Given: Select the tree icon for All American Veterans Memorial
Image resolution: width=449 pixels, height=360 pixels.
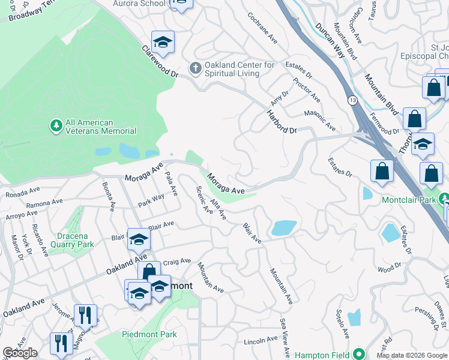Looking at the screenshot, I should coord(56,125).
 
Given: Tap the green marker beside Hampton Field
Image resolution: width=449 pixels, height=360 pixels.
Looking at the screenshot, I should coord(359,354).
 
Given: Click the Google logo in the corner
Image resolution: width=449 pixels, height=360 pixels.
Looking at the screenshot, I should coord(20,353).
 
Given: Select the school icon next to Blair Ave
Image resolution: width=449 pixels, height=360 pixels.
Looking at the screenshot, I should coord(139,239).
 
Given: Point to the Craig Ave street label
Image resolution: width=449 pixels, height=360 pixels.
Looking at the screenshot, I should coord(177,262).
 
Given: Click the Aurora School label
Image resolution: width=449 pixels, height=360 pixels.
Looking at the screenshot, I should coord(139,4).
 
